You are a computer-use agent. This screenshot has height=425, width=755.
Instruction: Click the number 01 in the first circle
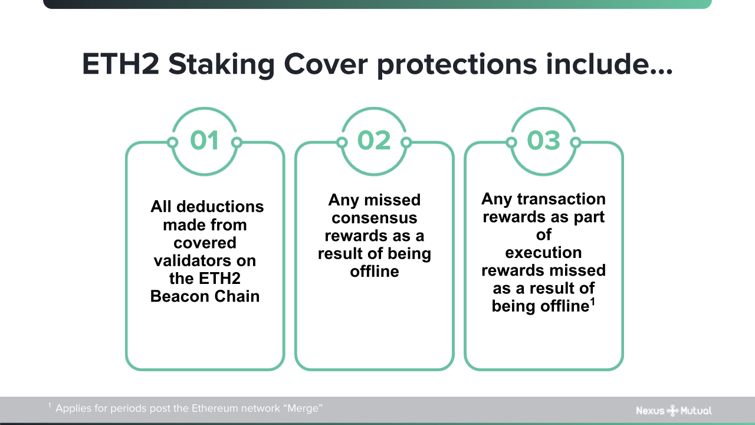coord(205,140)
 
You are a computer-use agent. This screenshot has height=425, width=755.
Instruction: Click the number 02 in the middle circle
coord(374,140)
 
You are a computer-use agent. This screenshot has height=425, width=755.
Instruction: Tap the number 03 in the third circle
coord(543,140)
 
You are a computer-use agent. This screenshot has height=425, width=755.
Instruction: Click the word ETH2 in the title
coord(120,64)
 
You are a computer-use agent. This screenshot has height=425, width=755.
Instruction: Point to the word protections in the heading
coord(457,64)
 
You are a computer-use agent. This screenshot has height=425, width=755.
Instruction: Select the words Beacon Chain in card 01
coord(205,296)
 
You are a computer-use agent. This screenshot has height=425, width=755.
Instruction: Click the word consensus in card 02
coord(374,218)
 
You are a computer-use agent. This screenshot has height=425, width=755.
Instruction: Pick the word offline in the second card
coord(374,272)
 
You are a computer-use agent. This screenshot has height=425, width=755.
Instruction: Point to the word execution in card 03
coord(543,253)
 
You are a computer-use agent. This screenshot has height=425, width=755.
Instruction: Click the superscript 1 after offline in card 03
coord(592,302)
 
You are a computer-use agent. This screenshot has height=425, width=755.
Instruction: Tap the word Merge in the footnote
coord(304,408)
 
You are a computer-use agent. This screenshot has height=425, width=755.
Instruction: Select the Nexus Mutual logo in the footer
coord(674,410)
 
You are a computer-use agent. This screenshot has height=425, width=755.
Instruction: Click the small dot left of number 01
coord(172,142)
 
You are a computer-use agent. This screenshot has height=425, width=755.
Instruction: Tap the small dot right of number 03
coord(576,142)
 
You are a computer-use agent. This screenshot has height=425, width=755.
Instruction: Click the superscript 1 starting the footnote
coord(50,406)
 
